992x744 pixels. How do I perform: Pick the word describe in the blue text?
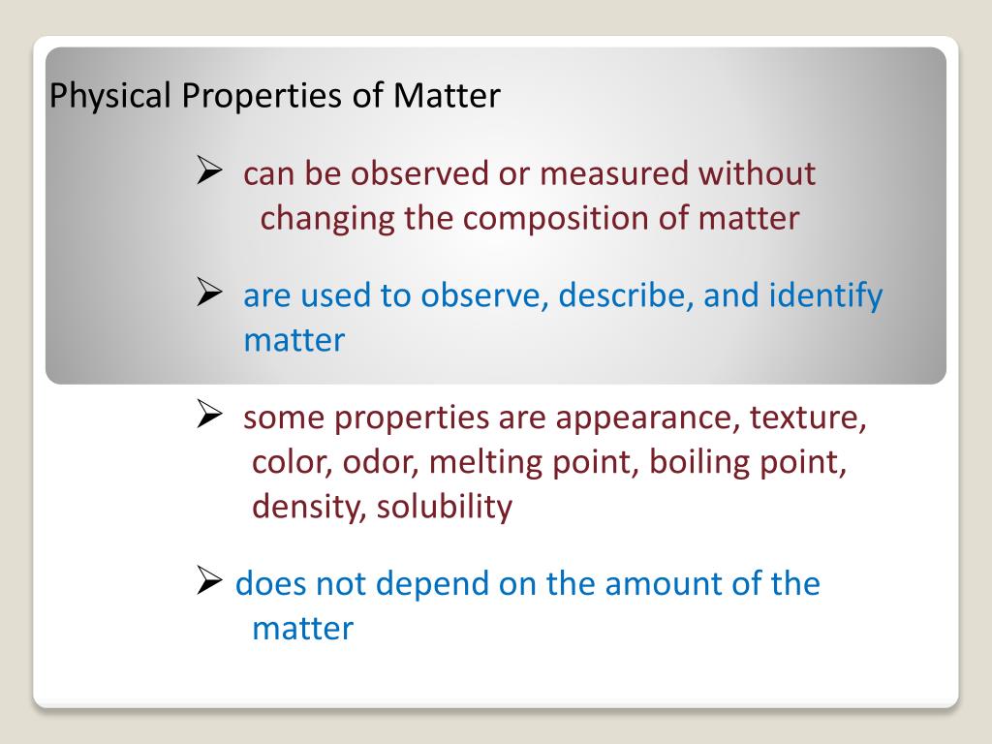[x=627, y=295]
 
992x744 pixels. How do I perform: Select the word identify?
[x=825, y=296]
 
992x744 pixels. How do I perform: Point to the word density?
[x=309, y=507]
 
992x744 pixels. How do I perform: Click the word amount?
[x=668, y=584]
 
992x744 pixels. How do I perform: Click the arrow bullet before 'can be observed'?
[x=211, y=172]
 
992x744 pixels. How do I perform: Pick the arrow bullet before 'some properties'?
[x=211, y=417]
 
